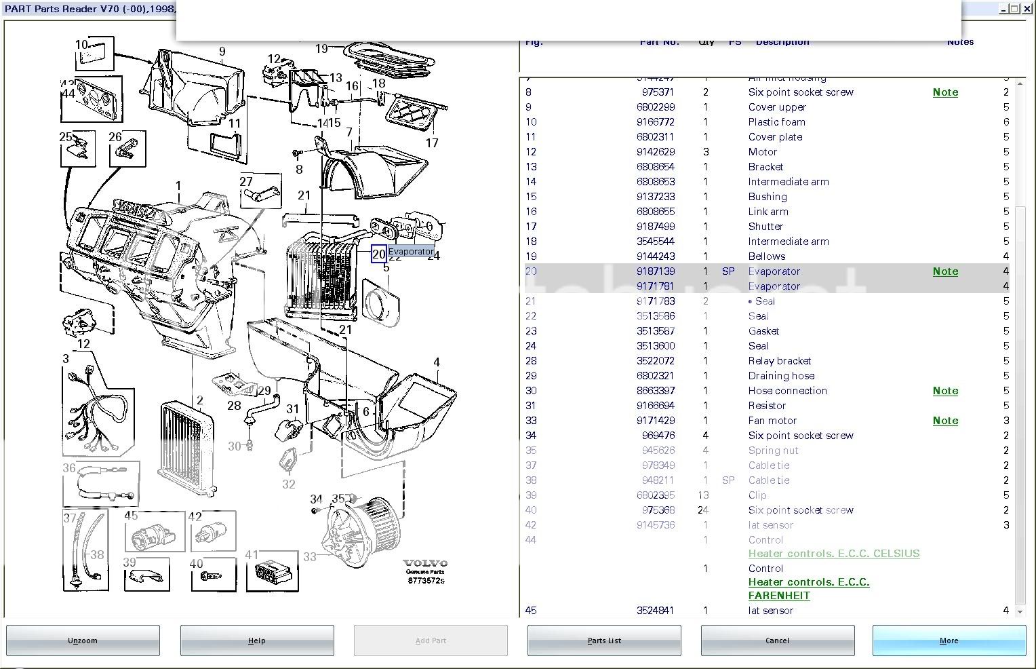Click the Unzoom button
tap(83, 641)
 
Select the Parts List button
tap(604, 641)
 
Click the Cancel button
tap(777, 641)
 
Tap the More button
tap(949, 641)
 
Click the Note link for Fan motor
tap(945, 421)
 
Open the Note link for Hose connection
tap(945, 391)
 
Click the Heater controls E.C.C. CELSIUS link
tap(833, 554)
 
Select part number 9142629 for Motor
tap(655, 152)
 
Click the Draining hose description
tap(781, 376)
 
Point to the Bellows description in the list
tap(766, 256)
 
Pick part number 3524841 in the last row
tap(655, 611)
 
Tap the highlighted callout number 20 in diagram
tap(378, 254)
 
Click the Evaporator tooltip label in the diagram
tap(411, 252)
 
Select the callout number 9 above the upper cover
tap(222, 52)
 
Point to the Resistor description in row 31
tap(767, 406)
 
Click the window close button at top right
tap(1027, 9)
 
